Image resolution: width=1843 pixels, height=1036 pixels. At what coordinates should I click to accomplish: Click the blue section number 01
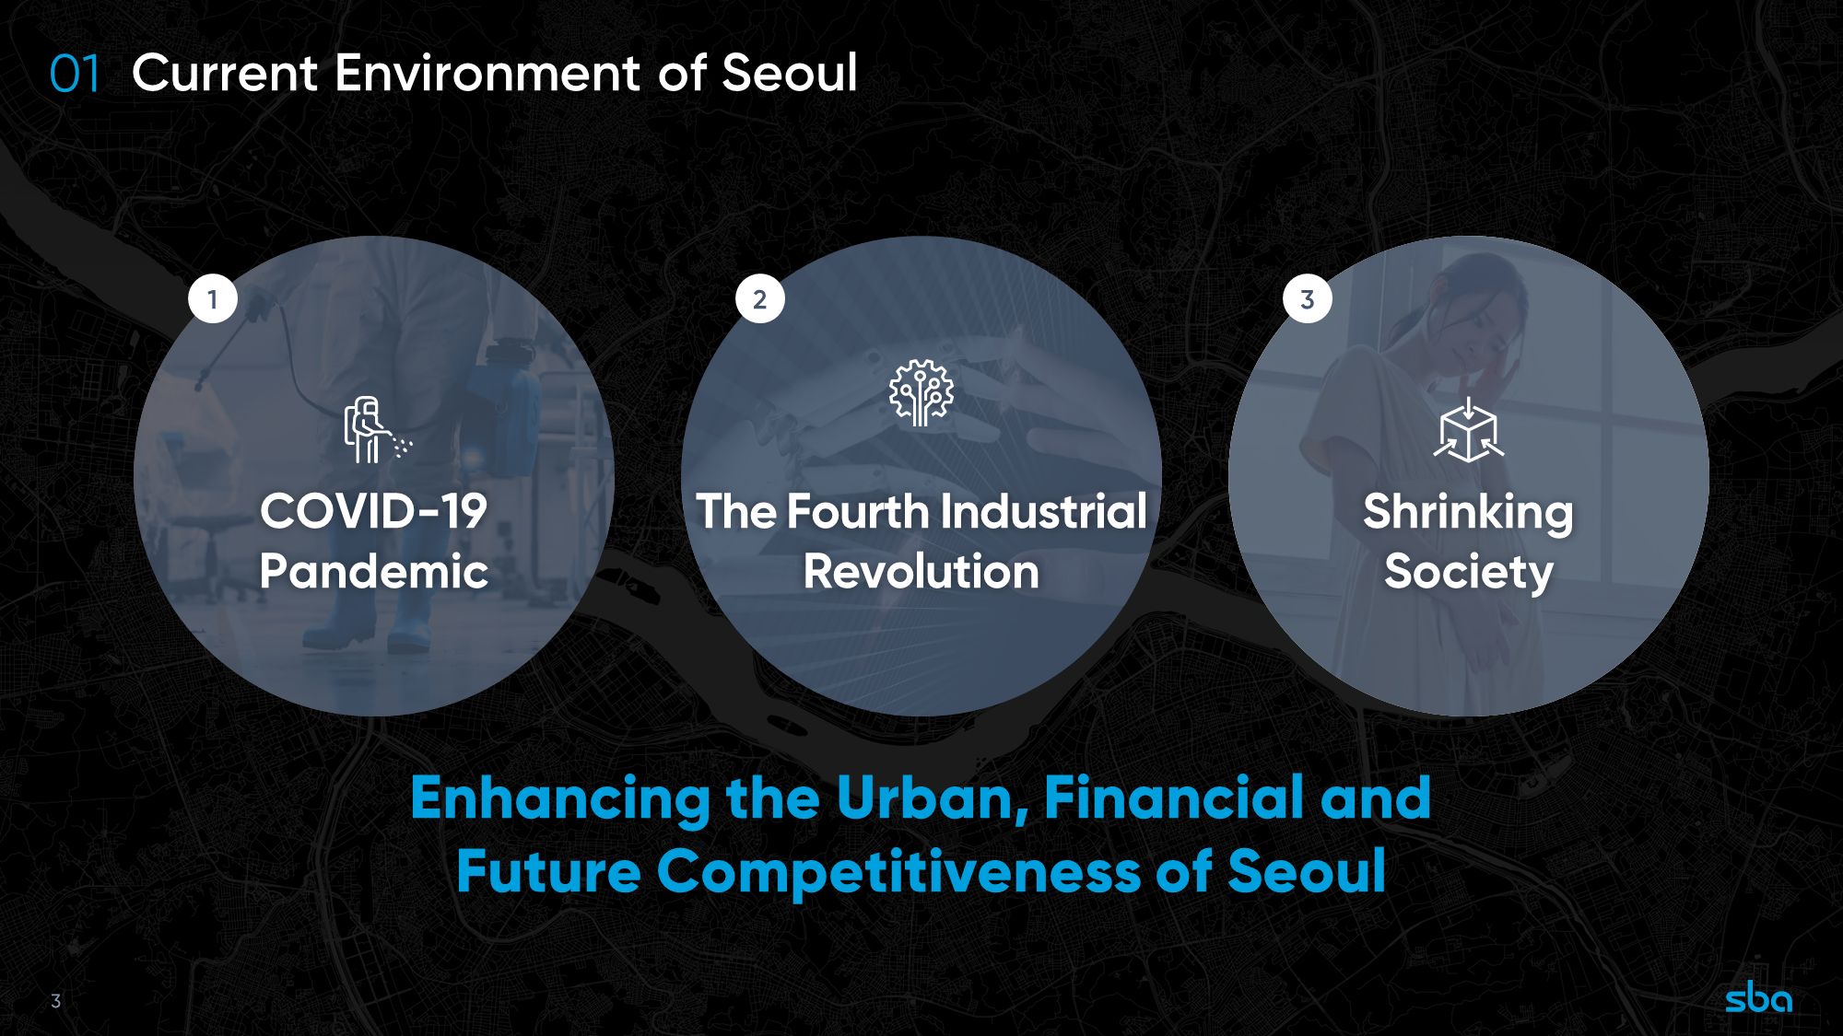point(75,74)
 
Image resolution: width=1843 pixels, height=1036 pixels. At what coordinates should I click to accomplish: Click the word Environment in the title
point(487,73)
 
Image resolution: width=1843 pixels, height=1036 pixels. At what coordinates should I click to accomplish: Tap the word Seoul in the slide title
point(790,73)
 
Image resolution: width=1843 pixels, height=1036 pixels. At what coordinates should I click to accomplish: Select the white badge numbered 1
point(213,299)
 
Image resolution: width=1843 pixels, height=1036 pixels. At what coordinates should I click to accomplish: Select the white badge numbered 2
point(760,299)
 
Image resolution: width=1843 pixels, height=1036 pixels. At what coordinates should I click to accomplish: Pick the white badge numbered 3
point(1308,299)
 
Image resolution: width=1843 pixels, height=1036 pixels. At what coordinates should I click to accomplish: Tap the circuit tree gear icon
point(921,393)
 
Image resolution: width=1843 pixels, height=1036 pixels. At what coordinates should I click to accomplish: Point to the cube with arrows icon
point(1469,430)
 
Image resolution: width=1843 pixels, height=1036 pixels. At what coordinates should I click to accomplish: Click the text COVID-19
point(373,511)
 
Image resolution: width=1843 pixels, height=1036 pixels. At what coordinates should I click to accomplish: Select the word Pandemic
point(373,571)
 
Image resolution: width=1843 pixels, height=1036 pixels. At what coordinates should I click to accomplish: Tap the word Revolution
point(921,571)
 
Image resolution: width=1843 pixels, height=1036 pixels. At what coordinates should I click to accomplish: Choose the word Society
point(1469,573)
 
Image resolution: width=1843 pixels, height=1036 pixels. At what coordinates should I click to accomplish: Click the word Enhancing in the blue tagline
point(560,799)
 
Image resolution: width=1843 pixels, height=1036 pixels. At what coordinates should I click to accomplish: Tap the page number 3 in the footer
point(56,1001)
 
